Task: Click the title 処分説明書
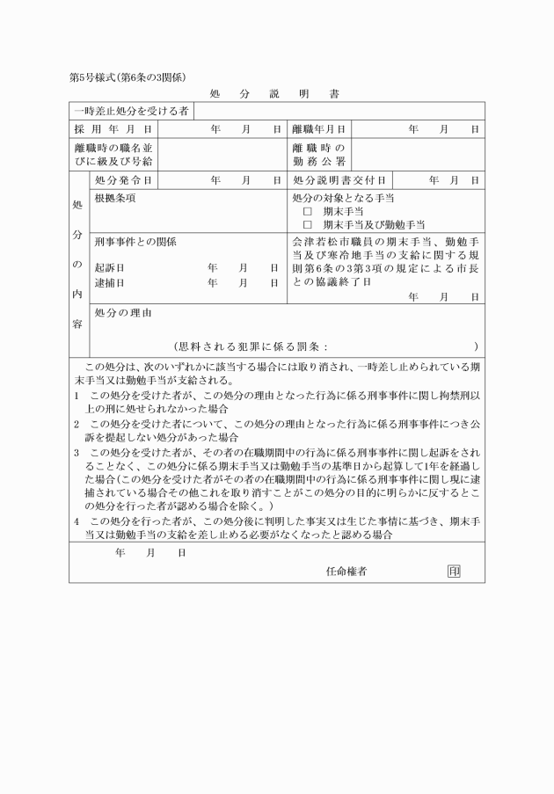[276, 93]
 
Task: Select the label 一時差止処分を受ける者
[131, 112]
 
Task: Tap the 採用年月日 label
[113, 129]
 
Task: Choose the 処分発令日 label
[123, 180]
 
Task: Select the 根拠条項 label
[115, 198]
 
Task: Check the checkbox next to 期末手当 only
[308, 212]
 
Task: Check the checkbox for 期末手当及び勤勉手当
[308, 225]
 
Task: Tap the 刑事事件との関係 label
[135, 241]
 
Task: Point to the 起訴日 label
[109, 267]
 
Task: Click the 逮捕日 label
[109, 283]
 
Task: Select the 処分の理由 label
[123, 312]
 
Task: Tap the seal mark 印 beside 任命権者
[454, 572]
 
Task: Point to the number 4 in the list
[77, 521]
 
